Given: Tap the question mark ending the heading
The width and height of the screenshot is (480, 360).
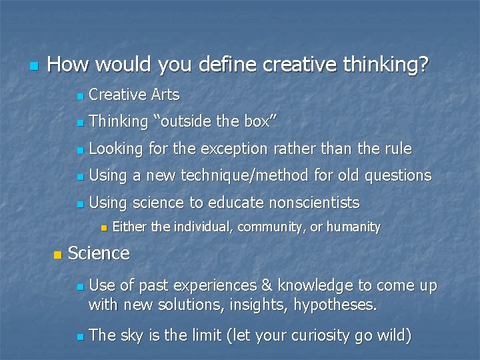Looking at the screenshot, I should (425, 65).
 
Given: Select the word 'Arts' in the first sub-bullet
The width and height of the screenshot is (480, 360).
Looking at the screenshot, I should (165, 95).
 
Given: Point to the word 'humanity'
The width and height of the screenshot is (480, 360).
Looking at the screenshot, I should (353, 227).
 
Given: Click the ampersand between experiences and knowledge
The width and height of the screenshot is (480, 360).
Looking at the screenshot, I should (267, 286).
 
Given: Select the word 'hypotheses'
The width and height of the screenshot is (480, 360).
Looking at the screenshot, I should (337, 305).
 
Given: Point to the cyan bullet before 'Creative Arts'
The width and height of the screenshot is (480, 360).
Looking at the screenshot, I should (79, 96).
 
